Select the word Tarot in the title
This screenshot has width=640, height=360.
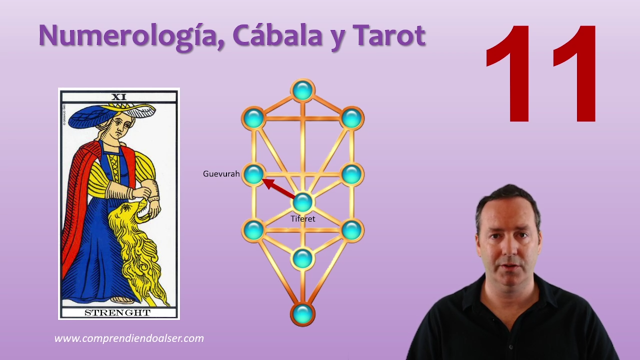pos(389,35)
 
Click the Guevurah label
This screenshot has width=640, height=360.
pos(221,173)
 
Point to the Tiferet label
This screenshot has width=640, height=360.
pos(303,219)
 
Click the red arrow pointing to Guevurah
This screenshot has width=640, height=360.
pos(278,188)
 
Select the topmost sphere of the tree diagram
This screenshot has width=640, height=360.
pos(303,90)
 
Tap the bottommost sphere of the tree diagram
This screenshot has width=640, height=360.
pos(303,314)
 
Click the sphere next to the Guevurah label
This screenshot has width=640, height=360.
pos(253,174)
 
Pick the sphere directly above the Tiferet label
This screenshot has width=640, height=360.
pos(303,202)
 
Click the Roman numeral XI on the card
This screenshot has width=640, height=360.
pos(119,97)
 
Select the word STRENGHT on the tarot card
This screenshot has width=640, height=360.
pos(117,313)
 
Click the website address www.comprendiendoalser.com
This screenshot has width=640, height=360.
pos(129,338)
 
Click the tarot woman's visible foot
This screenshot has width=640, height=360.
pos(123,300)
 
